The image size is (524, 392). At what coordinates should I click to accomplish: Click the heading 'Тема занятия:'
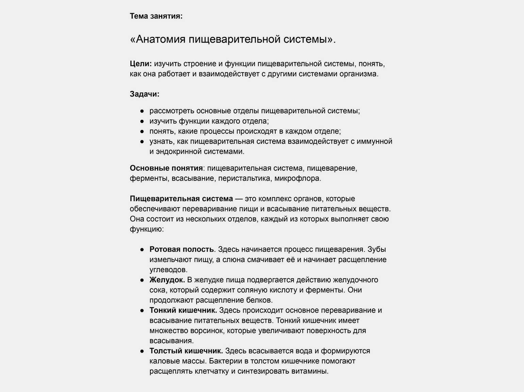(x=156, y=16)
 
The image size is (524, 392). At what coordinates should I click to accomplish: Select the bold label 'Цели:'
(x=141, y=64)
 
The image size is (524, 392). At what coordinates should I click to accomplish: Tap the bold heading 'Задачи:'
(x=144, y=94)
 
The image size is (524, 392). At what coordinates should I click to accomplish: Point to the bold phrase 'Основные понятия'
(x=166, y=168)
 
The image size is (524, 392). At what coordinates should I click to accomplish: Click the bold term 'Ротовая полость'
(x=181, y=250)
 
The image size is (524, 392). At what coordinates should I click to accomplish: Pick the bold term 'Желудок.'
(x=167, y=280)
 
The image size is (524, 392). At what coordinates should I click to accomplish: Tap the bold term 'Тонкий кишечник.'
(x=183, y=311)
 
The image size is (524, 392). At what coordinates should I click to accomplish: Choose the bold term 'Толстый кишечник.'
(x=186, y=351)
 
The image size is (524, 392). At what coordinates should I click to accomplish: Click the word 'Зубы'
(x=377, y=250)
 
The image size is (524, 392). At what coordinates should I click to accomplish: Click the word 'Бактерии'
(x=223, y=361)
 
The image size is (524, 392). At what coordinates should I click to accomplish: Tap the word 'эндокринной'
(x=177, y=151)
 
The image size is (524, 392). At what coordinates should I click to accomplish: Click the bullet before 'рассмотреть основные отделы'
(x=142, y=111)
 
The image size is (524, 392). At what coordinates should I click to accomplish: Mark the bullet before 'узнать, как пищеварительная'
(x=142, y=141)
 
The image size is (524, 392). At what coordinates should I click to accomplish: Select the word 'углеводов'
(x=168, y=270)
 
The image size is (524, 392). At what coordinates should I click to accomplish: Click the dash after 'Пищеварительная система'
(x=239, y=199)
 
